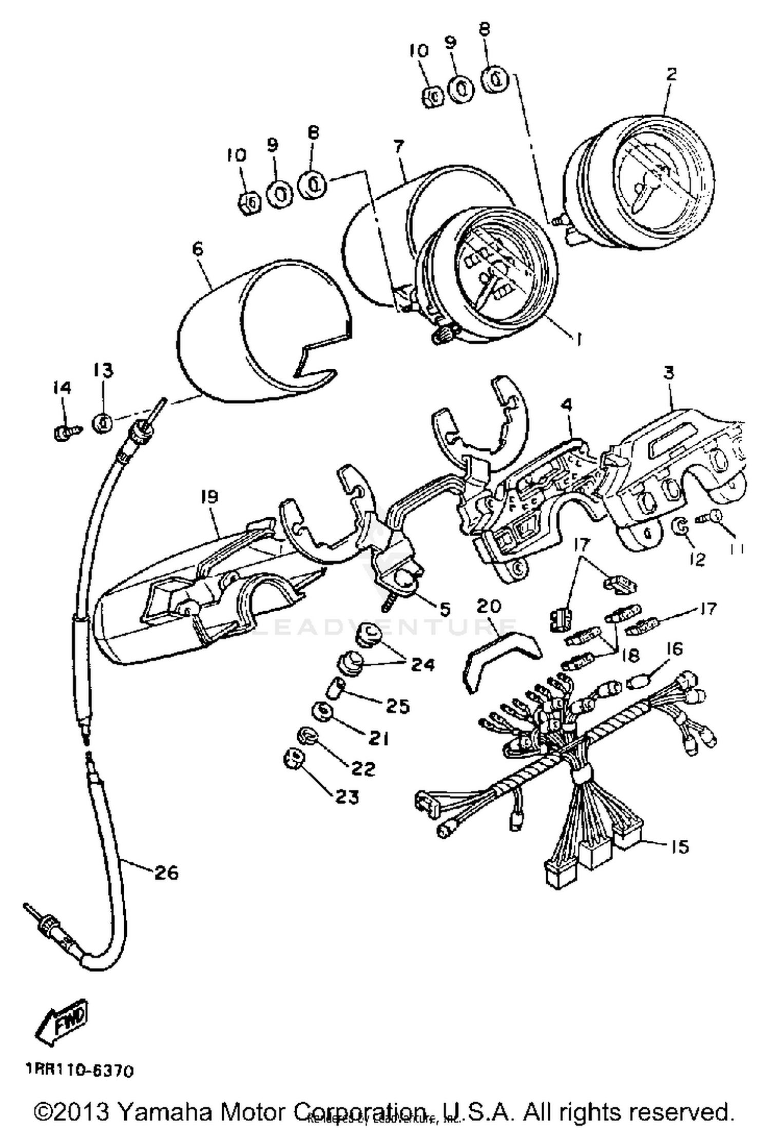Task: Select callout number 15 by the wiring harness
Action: pyautogui.click(x=680, y=846)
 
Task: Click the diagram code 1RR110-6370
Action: pyautogui.click(x=80, y=1070)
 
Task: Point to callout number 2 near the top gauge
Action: pyautogui.click(x=671, y=74)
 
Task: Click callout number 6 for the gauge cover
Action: pyautogui.click(x=198, y=249)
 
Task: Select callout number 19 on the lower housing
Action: pyautogui.click(x=209, y=497)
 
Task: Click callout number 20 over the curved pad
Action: pyautogui.click(x=488, y=606)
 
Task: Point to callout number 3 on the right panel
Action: pyautogui.click(x=668, y=372)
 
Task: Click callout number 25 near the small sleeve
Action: pyautogui.click(x=398, y=706)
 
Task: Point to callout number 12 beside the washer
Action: pyautogui.click(x=699, y=558)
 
